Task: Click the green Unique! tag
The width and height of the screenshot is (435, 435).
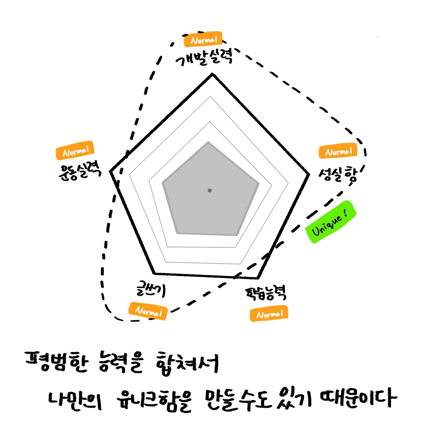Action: coord(330,222)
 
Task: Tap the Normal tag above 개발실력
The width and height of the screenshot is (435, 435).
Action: coord(203,40)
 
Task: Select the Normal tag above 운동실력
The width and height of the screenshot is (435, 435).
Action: coord(75,150)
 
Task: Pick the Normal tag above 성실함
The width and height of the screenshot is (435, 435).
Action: coord(338,151)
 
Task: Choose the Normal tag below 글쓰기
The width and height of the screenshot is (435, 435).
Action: coord(148,311)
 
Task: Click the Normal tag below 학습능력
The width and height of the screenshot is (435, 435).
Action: coord(269,314)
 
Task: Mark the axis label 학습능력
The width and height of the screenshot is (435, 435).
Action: coord(266,293)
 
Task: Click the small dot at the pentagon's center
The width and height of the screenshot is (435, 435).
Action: coord(210,190)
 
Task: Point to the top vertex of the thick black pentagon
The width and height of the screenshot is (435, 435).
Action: coord(213,74)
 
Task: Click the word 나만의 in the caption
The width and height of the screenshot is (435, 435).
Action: coord(75,400)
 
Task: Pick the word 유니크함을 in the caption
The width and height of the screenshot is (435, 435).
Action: coord(154,400)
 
